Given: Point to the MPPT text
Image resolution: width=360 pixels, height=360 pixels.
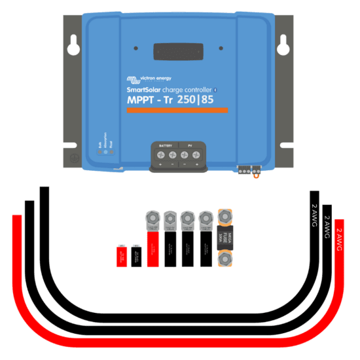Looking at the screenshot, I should tap(140, 101).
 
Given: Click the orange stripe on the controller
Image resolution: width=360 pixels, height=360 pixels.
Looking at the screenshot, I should tap(177, 111).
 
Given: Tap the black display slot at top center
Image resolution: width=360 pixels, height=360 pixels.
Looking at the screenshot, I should tap(178, 52).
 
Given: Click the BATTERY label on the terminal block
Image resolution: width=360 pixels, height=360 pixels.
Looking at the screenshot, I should tap(166, 145).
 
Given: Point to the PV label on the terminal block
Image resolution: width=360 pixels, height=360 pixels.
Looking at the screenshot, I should tap(190, 145).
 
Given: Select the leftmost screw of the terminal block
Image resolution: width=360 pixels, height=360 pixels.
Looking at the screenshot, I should tap(160, 155).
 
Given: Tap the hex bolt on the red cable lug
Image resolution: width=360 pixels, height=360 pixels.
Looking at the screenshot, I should tap(152, 217).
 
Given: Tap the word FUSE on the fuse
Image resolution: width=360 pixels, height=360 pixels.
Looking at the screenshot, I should tap(225, 236).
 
